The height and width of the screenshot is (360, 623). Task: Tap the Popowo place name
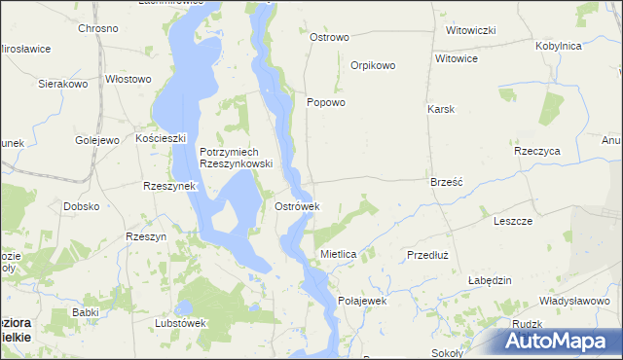[x=326, y=102]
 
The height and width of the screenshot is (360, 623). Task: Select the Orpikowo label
[x=373, y=66]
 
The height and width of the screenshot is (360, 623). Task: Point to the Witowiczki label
[x=471, y=30]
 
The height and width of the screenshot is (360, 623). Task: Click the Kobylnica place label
[x=559, y=46]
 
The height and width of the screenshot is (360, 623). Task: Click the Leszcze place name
[x=513, y=221]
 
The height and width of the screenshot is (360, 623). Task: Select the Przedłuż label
[x=426, y=254]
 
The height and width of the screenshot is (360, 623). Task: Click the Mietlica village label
[x=339, y=254]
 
